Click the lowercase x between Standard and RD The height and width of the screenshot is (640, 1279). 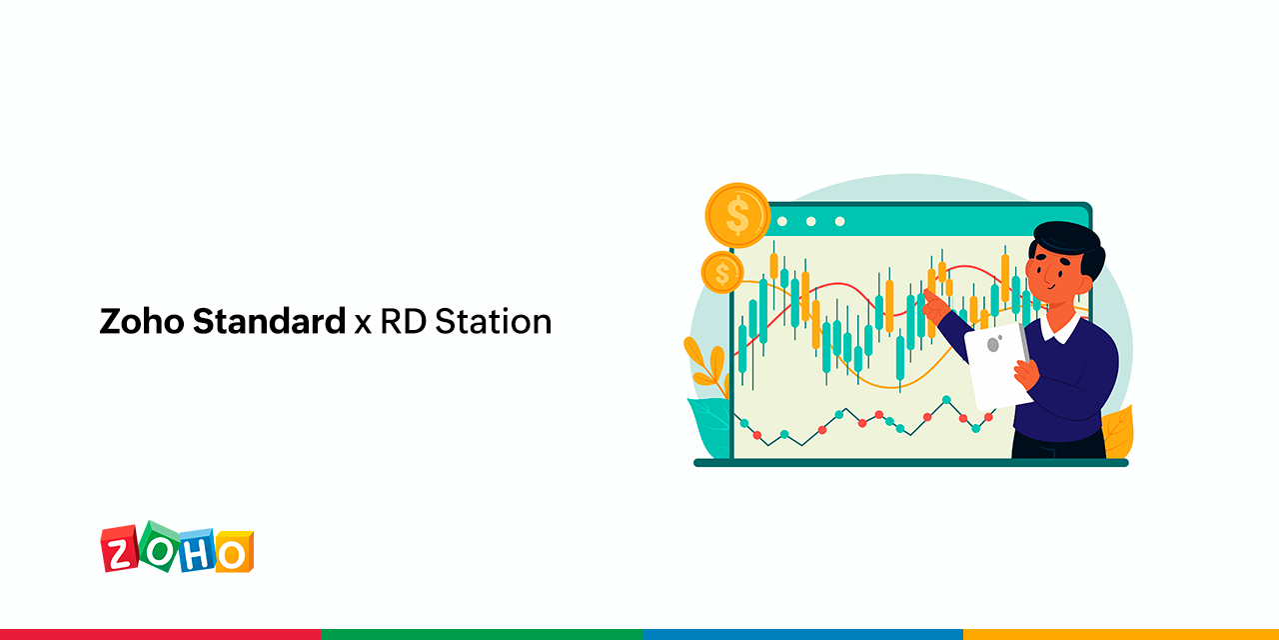click(363, 324)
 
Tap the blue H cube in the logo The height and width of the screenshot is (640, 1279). click(196, 552)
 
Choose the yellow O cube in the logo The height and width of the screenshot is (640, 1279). click(233, 552)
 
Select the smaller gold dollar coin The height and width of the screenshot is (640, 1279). click(721, 271)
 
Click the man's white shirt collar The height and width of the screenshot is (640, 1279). click(1061, 327)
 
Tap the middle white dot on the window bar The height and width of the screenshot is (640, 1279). click(810, 221)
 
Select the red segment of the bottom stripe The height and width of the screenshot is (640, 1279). click(160, 634)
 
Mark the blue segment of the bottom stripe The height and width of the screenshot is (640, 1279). click(799, 634)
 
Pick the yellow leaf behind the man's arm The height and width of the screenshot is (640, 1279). click(1118, 430)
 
